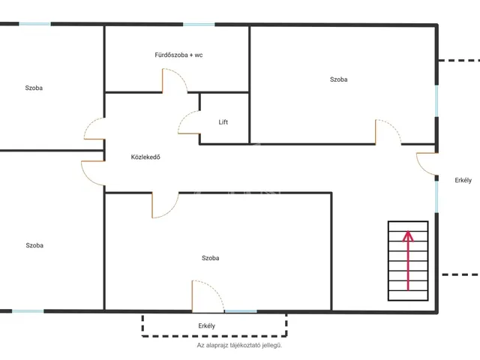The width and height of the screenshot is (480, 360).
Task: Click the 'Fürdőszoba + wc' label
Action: tap(178, 55)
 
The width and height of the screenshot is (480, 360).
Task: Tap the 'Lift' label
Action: tap(223, 122)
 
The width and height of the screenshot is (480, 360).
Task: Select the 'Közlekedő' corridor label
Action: tap(145, 157)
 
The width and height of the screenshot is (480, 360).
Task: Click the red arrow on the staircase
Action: tap(408, 260)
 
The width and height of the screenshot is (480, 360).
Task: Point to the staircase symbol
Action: tap(408, 261)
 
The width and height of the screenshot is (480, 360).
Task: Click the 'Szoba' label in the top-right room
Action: tap(338, 79)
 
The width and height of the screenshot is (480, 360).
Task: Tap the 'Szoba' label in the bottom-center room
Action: tap(210, 258)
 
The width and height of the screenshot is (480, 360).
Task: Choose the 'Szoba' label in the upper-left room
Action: tap(34, 88)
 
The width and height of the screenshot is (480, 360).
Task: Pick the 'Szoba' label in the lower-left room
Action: tap(34, 245)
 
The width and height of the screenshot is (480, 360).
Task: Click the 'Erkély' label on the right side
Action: tap(463, 180)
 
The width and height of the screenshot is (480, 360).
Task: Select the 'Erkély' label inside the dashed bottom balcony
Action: tap(207, 325)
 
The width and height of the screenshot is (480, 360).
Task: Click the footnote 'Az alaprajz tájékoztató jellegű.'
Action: tap(239, 345)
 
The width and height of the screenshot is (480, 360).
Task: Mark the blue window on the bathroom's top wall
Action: tap(199, 25)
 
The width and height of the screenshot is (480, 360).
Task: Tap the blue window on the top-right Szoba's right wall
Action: tap(436, 100)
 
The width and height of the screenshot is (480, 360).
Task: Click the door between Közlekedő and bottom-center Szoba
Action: tap(165, 205)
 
